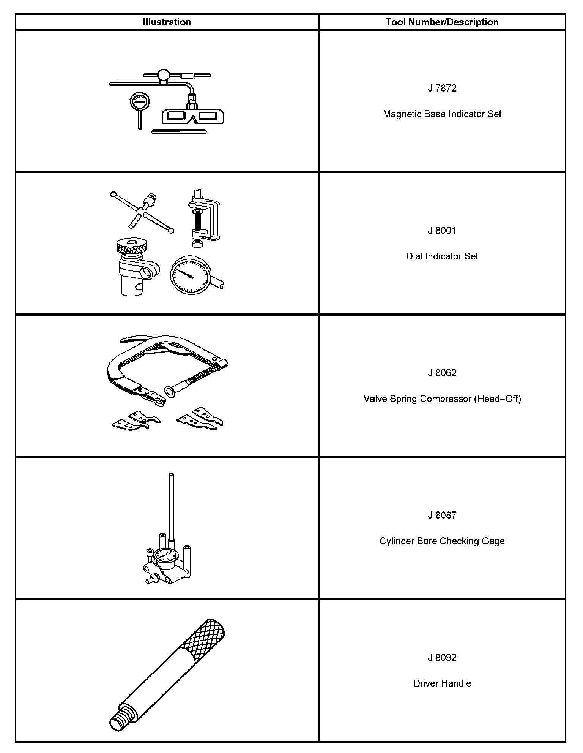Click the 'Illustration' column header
(x=167, y=22)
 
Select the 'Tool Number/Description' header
(x=442, y=22)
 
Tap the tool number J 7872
(x=442, y=88)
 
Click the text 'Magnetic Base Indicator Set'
(x=442, y=114)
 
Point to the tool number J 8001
(x=442, y=231)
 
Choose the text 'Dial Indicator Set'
(x=442, y=256)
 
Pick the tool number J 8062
(x=442, y=373)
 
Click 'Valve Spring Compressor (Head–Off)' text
(x=442, y=399)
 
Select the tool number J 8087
(x=442, y=515)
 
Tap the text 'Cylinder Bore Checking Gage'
(x=442, y=541)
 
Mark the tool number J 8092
(x=442, y=658)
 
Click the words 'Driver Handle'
(x=442, y=683)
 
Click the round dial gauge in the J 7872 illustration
(x=139, y=101)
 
